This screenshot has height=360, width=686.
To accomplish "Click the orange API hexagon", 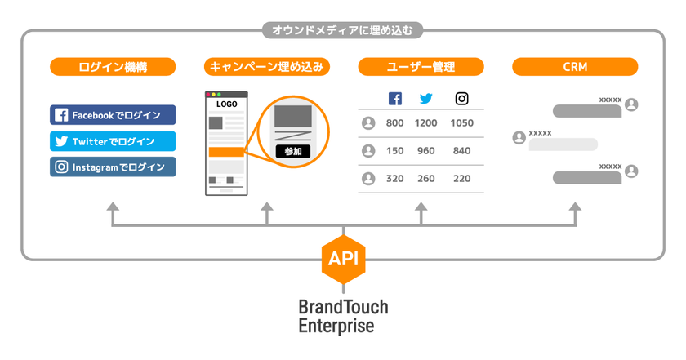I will [344, 259].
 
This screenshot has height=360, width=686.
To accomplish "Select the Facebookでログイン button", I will [113, 115].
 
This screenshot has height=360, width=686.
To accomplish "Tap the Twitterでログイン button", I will [113, 141].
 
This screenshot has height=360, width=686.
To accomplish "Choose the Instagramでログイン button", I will [113, 167].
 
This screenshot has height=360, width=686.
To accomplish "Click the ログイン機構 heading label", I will [113, 67].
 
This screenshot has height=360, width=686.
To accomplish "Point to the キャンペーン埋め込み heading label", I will [267, 67].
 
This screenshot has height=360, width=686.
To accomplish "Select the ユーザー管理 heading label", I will [421, 67].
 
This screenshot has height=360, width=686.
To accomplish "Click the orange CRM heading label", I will [574, 67].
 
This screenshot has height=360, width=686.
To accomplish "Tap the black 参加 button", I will [292, 151].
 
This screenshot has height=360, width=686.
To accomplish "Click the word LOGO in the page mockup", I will [226, 104].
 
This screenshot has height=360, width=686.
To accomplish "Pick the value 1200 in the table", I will [426, 123].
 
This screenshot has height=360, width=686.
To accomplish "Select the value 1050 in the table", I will [462, 123].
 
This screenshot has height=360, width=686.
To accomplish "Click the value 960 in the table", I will [426, 151].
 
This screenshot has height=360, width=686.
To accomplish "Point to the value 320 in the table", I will [395, 179].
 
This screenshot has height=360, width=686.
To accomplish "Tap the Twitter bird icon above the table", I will [426, 99].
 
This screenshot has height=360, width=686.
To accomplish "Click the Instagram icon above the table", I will [462, 99].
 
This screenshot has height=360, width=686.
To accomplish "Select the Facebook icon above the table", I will [395, 99].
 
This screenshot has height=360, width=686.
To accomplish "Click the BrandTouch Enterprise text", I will [343, 317].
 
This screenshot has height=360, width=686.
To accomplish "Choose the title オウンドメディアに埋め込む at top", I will [343, 31].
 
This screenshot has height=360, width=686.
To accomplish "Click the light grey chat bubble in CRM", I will [563, 144].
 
